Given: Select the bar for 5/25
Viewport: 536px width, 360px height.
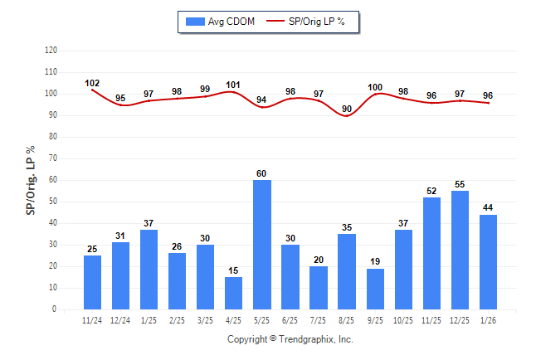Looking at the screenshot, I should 262,245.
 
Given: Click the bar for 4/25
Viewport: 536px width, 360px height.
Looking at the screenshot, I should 234,294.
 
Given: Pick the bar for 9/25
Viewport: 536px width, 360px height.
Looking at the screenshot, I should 375,289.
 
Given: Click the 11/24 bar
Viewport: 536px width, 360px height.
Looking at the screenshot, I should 93,282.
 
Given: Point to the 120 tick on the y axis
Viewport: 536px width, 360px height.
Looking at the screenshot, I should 51,51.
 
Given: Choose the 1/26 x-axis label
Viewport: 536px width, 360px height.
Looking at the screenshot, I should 489,319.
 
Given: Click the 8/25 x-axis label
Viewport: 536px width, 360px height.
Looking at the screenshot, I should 347,319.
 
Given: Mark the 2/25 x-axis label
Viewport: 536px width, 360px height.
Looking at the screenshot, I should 178,319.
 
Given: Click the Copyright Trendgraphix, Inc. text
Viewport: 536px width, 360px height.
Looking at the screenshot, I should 290,339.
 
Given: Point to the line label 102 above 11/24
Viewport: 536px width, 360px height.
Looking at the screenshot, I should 93,83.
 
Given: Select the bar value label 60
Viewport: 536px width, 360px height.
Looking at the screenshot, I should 262,173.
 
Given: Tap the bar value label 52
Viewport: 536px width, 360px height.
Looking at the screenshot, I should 432,191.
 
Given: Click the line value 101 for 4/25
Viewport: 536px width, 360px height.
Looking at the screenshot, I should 234,85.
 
